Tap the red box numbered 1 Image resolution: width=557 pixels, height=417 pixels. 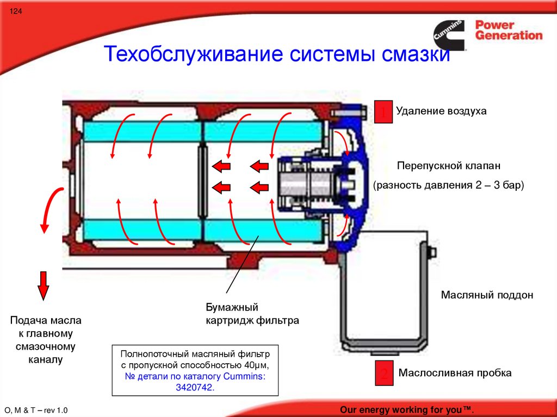coord(383,111)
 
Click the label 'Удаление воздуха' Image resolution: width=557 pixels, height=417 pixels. coord(441,111)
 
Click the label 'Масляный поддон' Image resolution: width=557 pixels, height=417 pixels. coord(487,295)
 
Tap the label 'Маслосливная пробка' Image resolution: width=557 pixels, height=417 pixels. coord(455,373)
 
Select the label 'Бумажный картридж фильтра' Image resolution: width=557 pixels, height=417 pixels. coord(252,314)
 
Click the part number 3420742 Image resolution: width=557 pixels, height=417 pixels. coord(195,388)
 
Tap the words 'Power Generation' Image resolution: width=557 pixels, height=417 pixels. coord(509,30)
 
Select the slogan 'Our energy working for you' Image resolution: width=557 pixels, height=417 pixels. coord(407,409)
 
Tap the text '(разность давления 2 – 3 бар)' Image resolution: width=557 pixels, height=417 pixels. coord(448,185)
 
